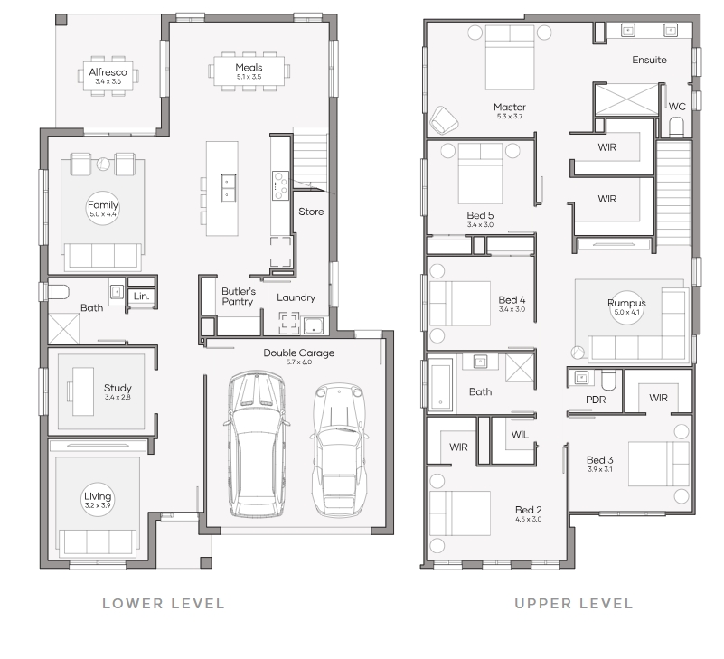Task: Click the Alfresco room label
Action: (108, 72)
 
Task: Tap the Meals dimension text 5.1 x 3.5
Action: (249, 77)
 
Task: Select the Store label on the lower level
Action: (311, 212)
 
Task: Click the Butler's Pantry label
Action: (239, 297)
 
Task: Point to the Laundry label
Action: (296, 297)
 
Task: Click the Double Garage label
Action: (299, 353)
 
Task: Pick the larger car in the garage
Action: (257, 443)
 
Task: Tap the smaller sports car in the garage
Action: (339, 449)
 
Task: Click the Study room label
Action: (118, 388)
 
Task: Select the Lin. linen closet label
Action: (141, 296)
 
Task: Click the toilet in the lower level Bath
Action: (58, 292)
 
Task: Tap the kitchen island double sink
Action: (228, 187)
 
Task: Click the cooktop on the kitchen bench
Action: (280, 185)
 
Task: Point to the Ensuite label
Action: (649, 60)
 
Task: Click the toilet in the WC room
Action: (676, 127)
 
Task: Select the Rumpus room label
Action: (626, 303)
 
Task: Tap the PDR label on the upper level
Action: (596, 400)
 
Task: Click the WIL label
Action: (520, 435)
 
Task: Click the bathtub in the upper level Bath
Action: (440, 385)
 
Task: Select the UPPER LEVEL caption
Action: (573, 604)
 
